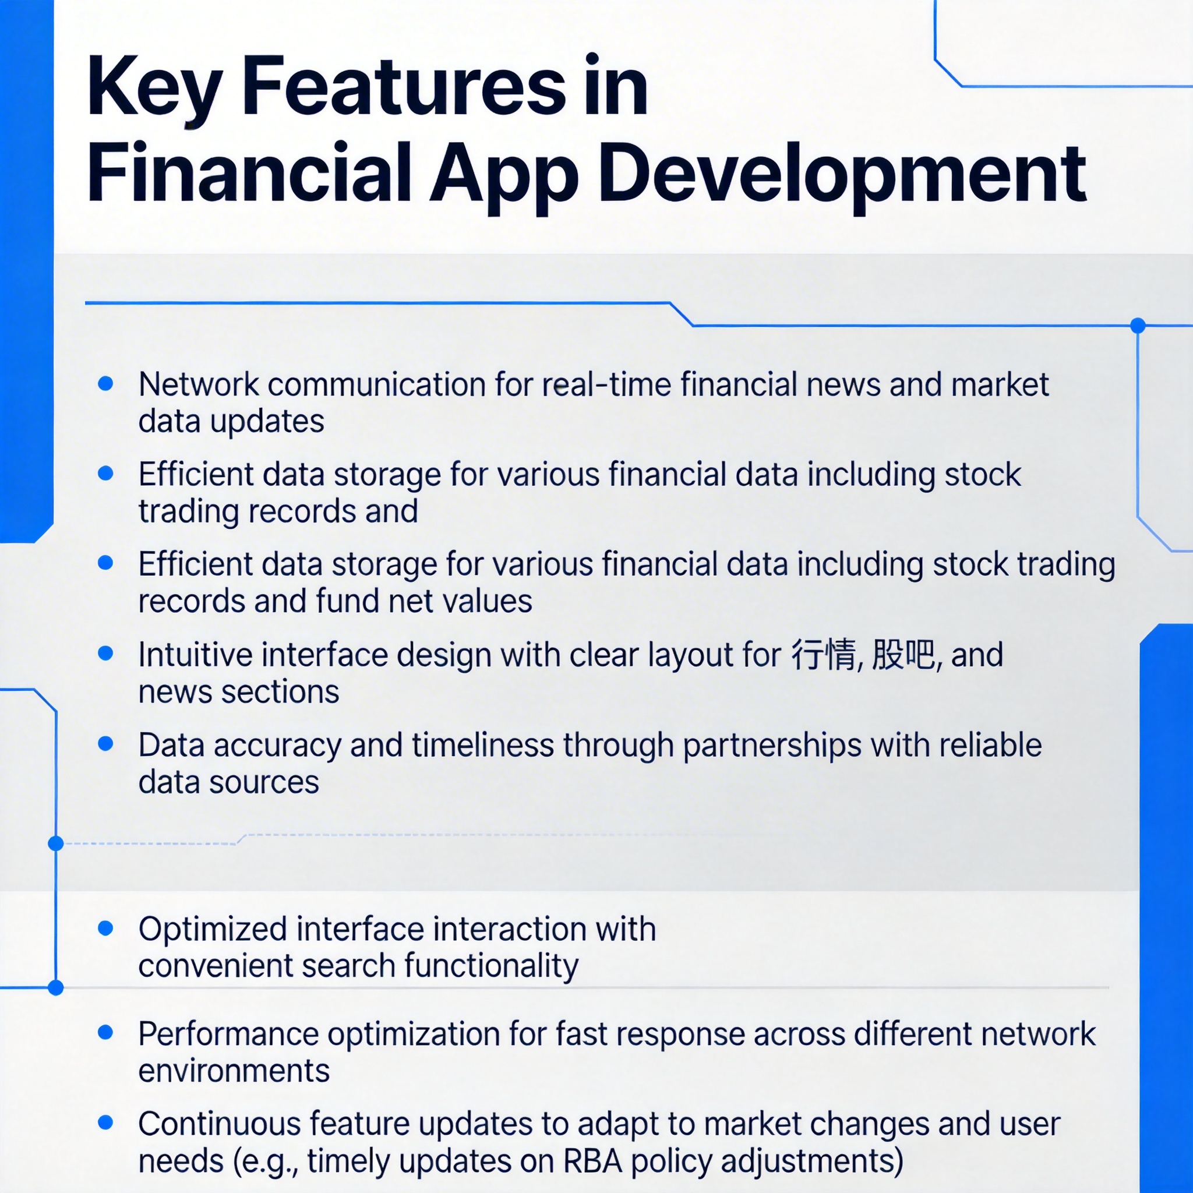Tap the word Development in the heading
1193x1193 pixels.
pos(842,175)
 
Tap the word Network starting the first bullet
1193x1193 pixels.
pos(199,384)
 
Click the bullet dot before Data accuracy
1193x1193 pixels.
pos(105,743)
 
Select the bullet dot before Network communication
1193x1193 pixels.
pos(105,383)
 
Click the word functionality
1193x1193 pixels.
pos(492,966)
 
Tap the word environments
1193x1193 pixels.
pos(234,1071)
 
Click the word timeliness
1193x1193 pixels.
pos(483,744)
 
